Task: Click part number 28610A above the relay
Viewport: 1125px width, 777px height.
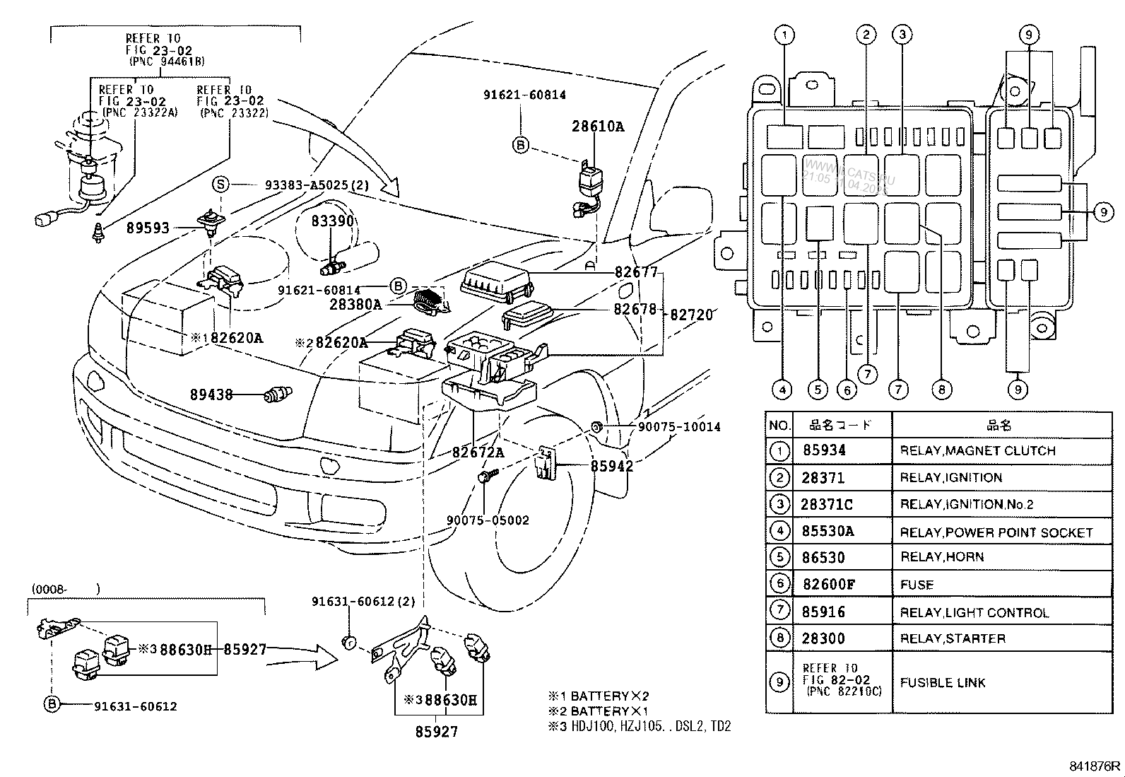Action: [598, 127]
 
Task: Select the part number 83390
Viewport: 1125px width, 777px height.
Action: [332, 221]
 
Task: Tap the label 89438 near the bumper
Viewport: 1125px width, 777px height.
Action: [211, 395]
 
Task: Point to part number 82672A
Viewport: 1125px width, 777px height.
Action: [478, 452]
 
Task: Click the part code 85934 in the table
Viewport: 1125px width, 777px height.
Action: [824, 450]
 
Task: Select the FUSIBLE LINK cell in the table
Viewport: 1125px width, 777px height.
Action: [943, 683]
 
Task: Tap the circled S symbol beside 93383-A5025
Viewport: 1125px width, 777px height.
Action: [221, 185]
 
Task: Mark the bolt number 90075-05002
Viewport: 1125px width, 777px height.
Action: [488, 520]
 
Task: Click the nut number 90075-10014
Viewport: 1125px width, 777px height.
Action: [678, 427]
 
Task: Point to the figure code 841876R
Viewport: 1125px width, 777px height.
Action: [1094, 766]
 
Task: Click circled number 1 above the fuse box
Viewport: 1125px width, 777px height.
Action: [784, 33]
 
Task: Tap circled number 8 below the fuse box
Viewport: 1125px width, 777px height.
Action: [941, 389]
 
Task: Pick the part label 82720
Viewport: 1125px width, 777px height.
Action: [691, 315]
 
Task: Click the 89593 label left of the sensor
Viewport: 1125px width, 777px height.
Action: [148, 228]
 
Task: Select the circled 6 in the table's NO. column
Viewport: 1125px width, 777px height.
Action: [779, 584]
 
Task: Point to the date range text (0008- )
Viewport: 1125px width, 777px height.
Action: [65, 588]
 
